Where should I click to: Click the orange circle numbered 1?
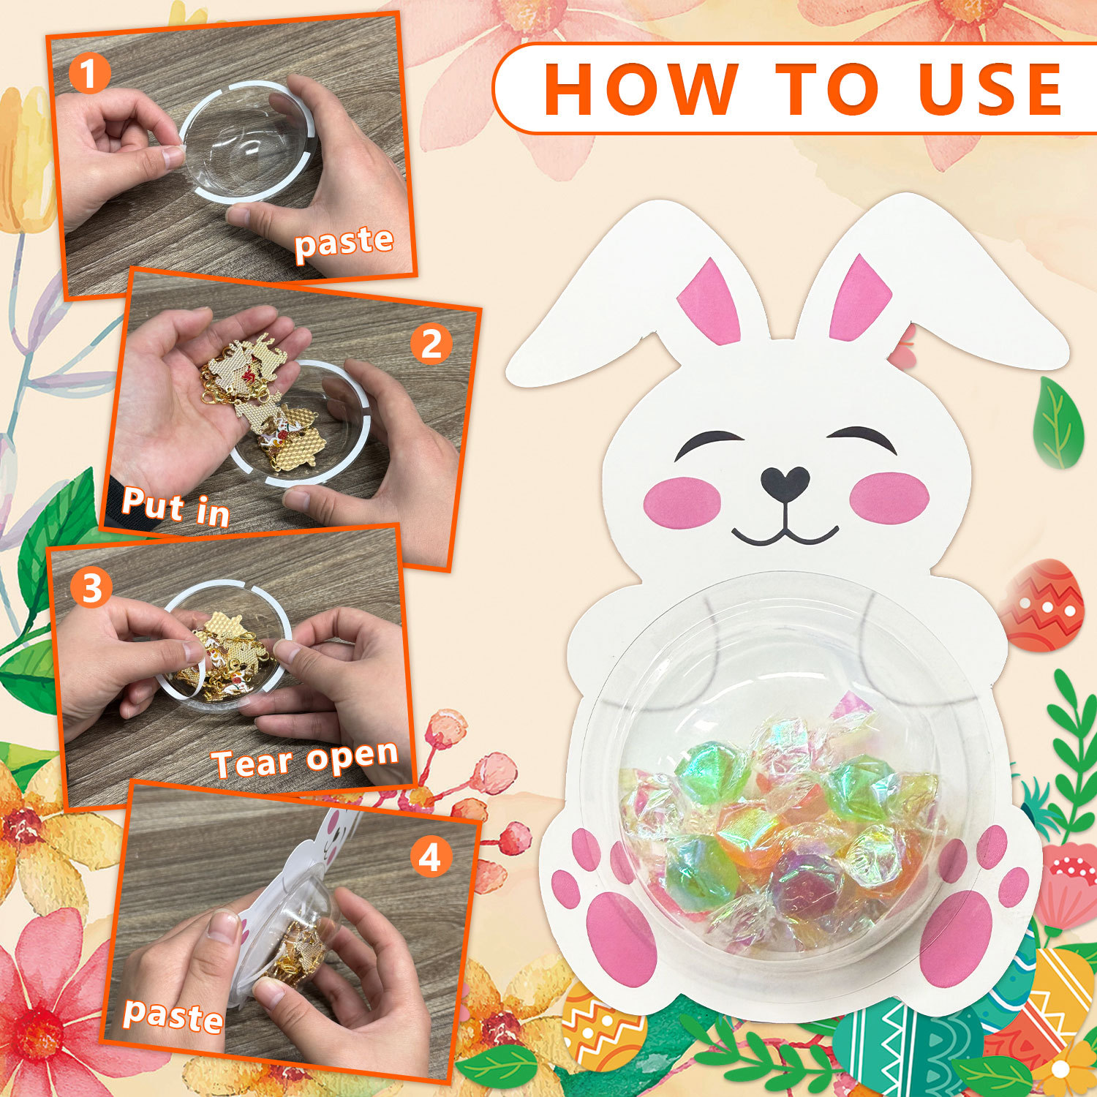[x=88, y=73]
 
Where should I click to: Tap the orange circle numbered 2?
[x=431, y=344]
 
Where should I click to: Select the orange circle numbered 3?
[x=91, y=589]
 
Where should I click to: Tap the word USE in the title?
[x=990, y=88]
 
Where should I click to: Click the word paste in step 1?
[x=344, y=243]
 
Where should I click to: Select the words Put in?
[x=176, y=506]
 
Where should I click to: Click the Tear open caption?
[x=305, y=761]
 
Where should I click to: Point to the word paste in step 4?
[x=173, y=1016]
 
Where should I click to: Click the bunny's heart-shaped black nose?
[x=785, y=483]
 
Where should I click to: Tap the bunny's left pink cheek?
[x=682, y=501]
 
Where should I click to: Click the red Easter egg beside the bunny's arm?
[x=1042, y=604]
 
